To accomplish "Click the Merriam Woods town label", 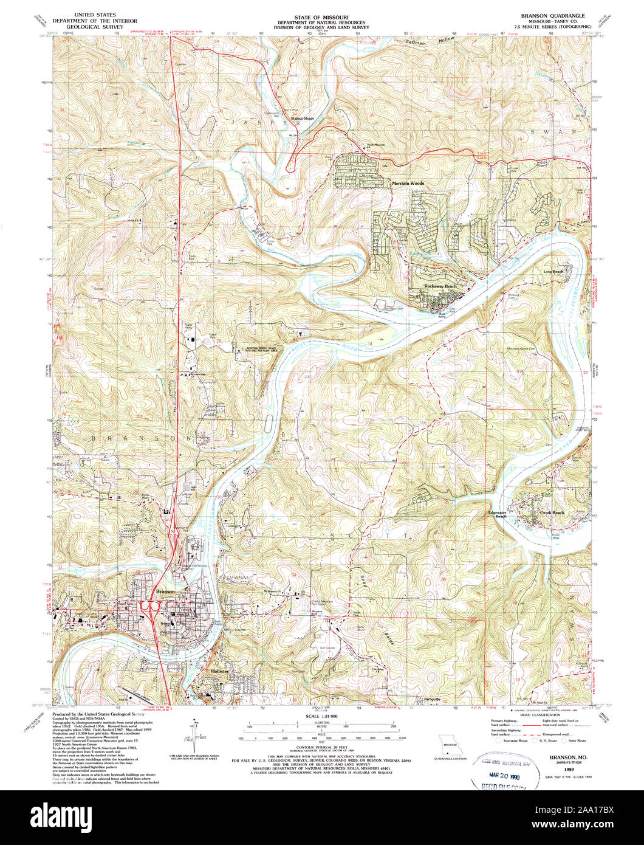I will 407,182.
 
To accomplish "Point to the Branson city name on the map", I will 165,591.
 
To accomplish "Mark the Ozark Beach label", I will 552,513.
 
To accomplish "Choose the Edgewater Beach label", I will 497,514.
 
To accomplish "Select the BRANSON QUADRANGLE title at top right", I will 549,14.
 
